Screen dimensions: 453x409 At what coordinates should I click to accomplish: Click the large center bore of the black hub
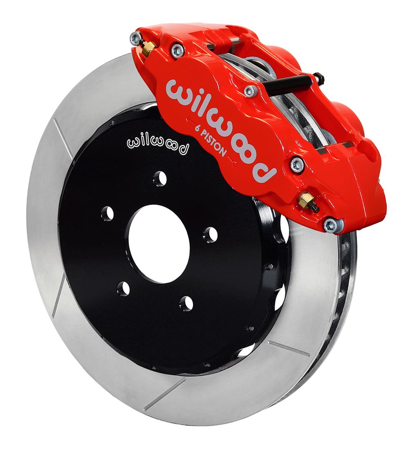pos(159,244)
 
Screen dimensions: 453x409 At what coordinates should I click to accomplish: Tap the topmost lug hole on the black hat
pos(160,178)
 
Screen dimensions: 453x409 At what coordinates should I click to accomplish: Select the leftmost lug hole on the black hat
pos(107,213)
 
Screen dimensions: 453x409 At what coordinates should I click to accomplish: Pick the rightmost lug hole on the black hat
pos(210,234)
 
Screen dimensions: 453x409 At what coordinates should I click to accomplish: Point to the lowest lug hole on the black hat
pos(186,303)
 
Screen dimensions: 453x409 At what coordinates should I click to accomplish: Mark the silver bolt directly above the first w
pos(178,50)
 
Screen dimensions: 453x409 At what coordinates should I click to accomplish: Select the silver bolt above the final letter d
pos(297,165)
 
